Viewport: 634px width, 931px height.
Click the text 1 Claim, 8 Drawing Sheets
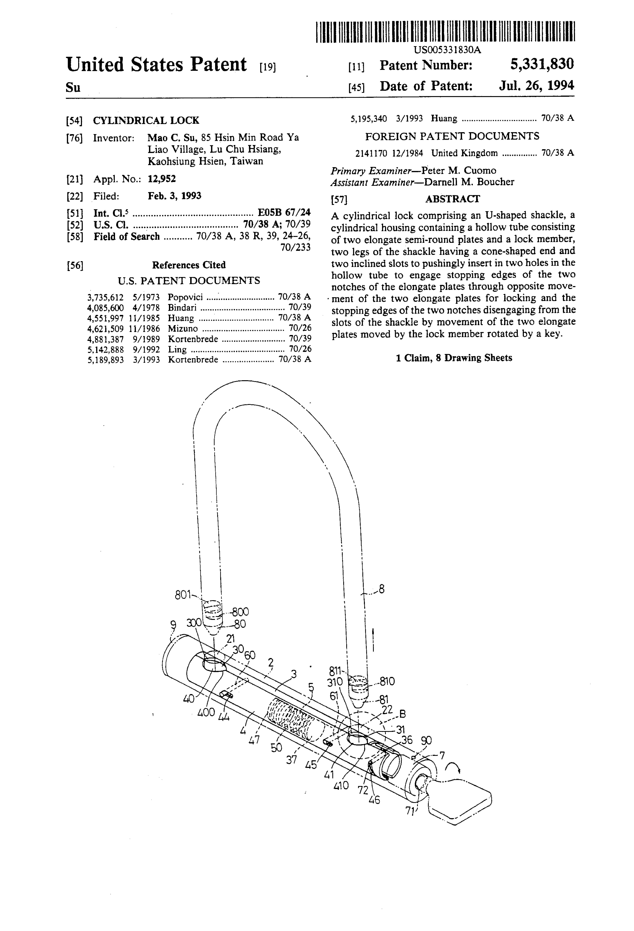[x=454, y=358]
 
